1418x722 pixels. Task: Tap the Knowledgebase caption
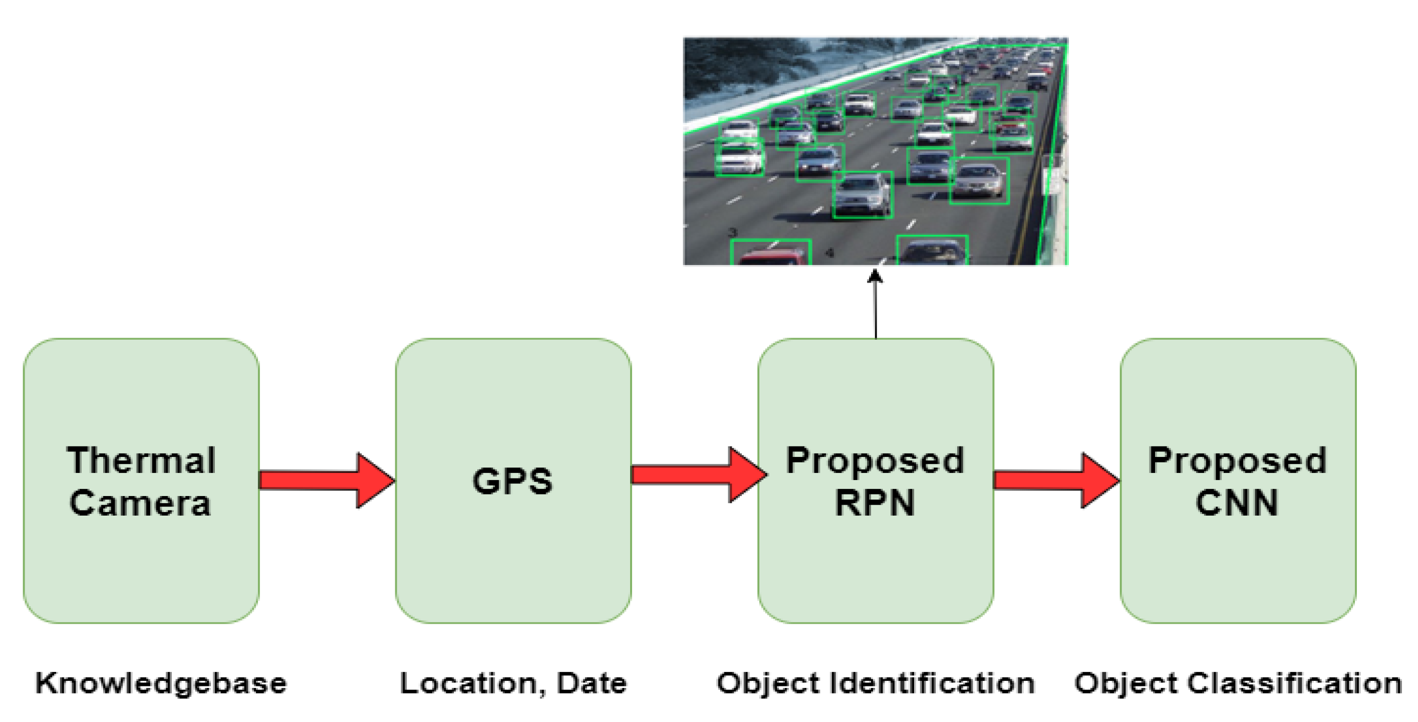click(161, 684)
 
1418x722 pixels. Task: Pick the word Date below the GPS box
click(592, 683)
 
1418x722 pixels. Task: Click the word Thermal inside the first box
click(141, 460)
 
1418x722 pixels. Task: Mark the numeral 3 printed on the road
click(733, 232)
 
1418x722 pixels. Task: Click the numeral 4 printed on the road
click(829, 253)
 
